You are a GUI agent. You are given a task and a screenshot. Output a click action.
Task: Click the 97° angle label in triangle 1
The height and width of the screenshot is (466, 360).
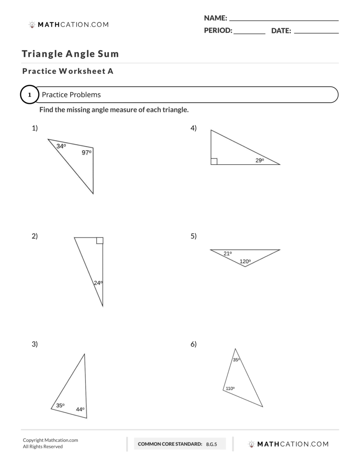tap(86, 153)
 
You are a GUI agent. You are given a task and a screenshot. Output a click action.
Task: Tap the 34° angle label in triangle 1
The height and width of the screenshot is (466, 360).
tap(61, 146)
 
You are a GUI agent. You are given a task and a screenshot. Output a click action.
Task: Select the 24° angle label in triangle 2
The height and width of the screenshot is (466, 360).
tap(98, 283)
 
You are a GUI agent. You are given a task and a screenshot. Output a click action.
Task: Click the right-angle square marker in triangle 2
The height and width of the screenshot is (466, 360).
tap(100, 240)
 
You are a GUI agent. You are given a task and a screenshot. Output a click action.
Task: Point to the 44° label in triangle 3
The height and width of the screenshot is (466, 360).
tap(80, 409)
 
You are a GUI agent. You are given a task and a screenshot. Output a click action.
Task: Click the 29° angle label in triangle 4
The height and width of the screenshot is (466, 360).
tap(259, 160)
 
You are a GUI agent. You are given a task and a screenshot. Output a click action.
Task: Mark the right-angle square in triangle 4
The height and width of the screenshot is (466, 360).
tap(214, 162)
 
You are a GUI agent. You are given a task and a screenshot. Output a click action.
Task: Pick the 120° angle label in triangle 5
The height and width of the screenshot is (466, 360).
tap(245, 261)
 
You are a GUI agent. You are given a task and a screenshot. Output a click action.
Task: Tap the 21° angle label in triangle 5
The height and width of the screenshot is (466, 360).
tap(228, 254)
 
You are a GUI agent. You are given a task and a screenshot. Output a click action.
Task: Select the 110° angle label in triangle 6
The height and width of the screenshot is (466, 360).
tap(230, 388)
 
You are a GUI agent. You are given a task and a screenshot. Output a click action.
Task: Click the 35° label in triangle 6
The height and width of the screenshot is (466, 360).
tap(236, 360)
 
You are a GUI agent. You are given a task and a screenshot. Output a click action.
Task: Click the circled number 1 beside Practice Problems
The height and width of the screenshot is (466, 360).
tap(30, 95)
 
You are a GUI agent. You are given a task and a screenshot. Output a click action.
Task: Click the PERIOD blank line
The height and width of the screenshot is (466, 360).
tap(249, 33)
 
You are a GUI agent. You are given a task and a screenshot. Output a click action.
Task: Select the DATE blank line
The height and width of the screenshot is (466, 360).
tap(316, 33)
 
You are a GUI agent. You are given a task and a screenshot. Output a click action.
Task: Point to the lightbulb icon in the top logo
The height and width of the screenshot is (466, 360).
tap(32, 25)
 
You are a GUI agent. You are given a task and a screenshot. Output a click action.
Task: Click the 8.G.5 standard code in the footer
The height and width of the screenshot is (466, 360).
tap(212, 444)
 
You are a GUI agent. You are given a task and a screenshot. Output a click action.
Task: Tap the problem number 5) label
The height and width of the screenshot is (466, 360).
tap(193, 236)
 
